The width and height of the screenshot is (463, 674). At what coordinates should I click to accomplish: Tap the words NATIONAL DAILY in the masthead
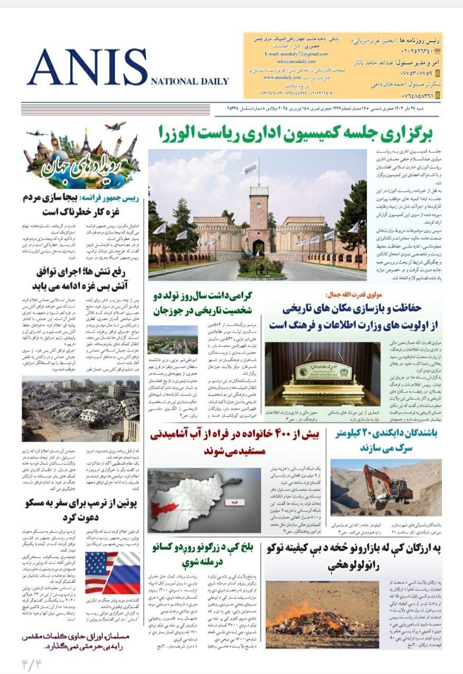[190, 82]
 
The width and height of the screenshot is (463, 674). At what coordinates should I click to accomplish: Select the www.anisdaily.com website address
[282, 77]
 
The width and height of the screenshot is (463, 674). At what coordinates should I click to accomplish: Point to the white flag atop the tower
[251, 167]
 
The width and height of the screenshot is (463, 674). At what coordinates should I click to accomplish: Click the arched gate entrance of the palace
[258, 247]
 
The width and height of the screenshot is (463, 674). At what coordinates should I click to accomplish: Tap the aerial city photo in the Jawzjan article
[165, 339]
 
